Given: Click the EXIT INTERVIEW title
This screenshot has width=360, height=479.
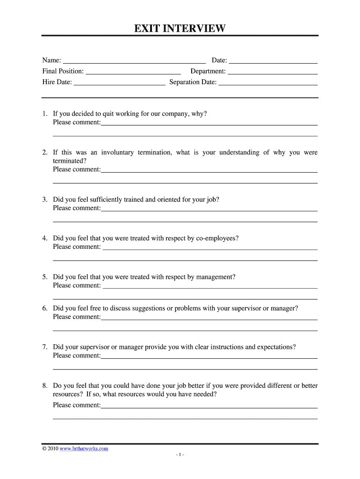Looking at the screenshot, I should coord(180,29).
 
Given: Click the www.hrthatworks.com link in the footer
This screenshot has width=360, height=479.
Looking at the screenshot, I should coord(84,449).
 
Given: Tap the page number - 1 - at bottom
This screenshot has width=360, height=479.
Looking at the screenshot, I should coord(180,455).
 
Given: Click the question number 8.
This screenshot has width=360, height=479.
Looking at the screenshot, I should coord(44,386).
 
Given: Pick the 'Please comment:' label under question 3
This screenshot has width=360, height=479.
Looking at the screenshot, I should coord(77,208).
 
